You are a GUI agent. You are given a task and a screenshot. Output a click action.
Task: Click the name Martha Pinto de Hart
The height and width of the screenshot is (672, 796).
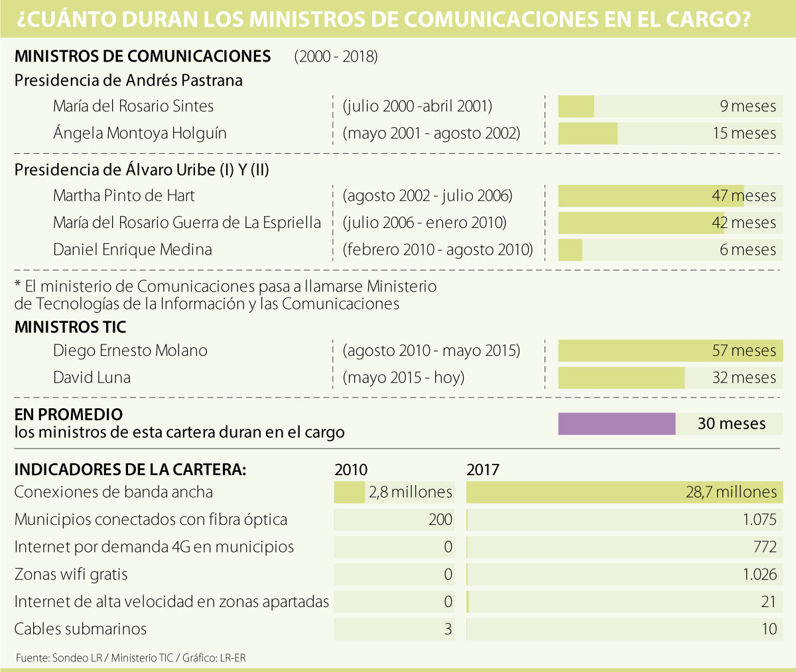tap(124, 196)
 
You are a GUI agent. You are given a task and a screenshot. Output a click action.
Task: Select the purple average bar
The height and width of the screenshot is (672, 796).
tap(616, 424)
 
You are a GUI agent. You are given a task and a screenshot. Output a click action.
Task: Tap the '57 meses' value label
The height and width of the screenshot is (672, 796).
tap(744, 351)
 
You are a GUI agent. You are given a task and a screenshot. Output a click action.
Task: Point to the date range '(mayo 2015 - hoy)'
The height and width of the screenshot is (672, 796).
tap(403, 378)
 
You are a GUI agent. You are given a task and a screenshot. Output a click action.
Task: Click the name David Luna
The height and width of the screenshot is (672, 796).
tap(92, 378)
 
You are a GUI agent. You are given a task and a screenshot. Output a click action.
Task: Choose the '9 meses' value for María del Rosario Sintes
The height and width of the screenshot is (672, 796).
tap(748, 106)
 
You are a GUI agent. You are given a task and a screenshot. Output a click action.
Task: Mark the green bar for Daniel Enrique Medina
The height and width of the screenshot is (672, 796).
tap(570, 250)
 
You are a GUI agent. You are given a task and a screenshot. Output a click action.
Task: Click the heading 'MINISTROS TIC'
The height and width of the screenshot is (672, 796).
tap(70, 327)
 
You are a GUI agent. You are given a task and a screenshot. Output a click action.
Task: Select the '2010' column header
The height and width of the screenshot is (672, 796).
tap(351, 470)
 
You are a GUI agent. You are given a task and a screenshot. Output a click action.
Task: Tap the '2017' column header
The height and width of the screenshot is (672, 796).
tap(483, 470)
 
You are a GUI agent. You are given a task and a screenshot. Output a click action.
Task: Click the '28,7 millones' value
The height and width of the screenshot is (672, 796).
tap(731, 492)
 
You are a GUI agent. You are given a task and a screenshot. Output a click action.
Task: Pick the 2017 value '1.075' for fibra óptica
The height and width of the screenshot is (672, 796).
tap(760, 520)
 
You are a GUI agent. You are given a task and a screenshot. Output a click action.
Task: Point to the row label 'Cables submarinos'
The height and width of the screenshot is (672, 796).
tap(80, 629)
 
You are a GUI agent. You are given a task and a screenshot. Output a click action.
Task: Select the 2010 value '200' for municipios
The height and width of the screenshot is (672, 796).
tap(440, 520)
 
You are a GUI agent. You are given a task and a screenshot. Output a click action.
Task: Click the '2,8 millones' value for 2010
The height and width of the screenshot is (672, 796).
tap(411, 492)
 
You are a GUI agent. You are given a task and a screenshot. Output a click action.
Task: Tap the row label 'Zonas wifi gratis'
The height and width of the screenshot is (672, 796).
tap(71, 575)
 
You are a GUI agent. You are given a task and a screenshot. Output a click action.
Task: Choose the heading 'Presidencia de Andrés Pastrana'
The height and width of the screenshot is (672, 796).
tap(128, 80)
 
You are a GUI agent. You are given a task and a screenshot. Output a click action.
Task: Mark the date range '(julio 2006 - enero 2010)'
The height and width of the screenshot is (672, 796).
tap(425, 223)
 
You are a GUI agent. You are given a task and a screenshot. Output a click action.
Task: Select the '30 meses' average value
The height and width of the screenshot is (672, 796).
tap(731, 424)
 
